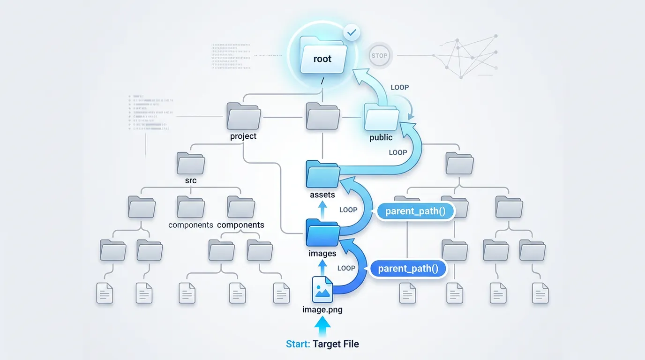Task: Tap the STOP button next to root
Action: [379, 55]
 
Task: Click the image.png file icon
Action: [322, 290]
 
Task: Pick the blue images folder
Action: [322, 232]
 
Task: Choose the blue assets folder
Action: [322, 174]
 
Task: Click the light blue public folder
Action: [381, 117]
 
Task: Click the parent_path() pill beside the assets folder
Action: [415, 211]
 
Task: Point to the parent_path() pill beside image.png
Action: [408, 269]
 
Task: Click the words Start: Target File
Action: [322, 344]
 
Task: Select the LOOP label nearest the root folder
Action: [399, 87]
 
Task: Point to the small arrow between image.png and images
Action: [322, 266]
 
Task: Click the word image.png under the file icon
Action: [322, 310]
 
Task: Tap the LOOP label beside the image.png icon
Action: [346, 268]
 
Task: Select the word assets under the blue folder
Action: [322, 195]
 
